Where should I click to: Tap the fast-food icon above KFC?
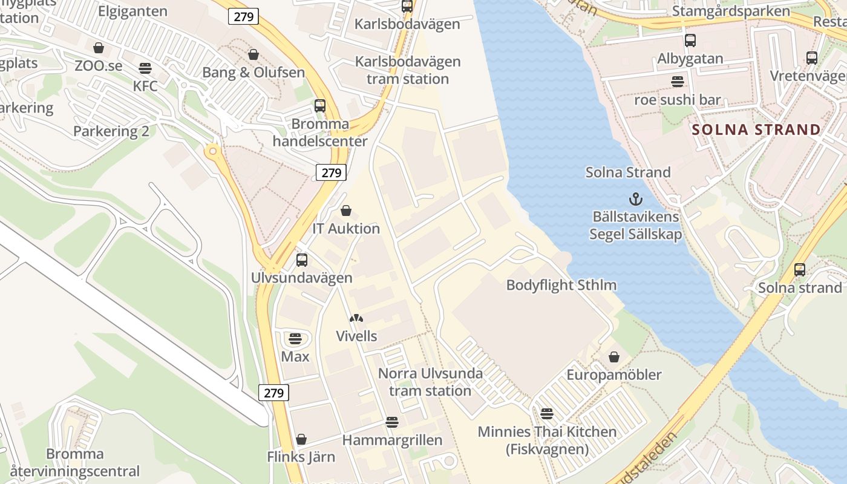pyautogui.click(x=145, y=68)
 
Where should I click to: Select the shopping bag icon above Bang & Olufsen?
pyautogui.click(x=253, y=55)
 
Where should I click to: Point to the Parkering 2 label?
pyautogui.click(x=111, y=131)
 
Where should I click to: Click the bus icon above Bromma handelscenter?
pyautogui.click(x=320, y=106)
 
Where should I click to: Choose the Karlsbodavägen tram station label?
pyautogui.click(x=407, y=70)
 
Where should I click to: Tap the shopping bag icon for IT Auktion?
pyautogui.click(x=346, y=211)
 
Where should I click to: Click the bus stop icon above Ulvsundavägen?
pyautogui.click(x=302, y=260)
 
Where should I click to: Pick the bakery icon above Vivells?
pyautogui.click(x=356, y=318)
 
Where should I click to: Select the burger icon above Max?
pyautogui.click(x=295, y=338)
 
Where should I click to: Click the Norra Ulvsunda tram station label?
pyautogui.click(x=430, y=382)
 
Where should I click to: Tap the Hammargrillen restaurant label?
pyautogui.click(x=392, y=440)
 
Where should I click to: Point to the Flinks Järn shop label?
pyautogui.click(x=301, y=457)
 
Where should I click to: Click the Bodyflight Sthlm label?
pyautogui.click(x=561, y=285)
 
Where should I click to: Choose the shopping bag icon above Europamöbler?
pyautogui.click(x=614, y=357)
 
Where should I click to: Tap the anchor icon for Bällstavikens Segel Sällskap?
pyautogui.click(x=635, y=198)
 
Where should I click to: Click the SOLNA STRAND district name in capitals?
pyautogui.click(x=756, y=129)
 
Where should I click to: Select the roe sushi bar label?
pyautogui.click(x=677, y=100)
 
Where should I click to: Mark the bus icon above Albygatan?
pyautogui.click(x=690, y=41)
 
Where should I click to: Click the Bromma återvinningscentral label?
pyautogui.click(x=93, y=462)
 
